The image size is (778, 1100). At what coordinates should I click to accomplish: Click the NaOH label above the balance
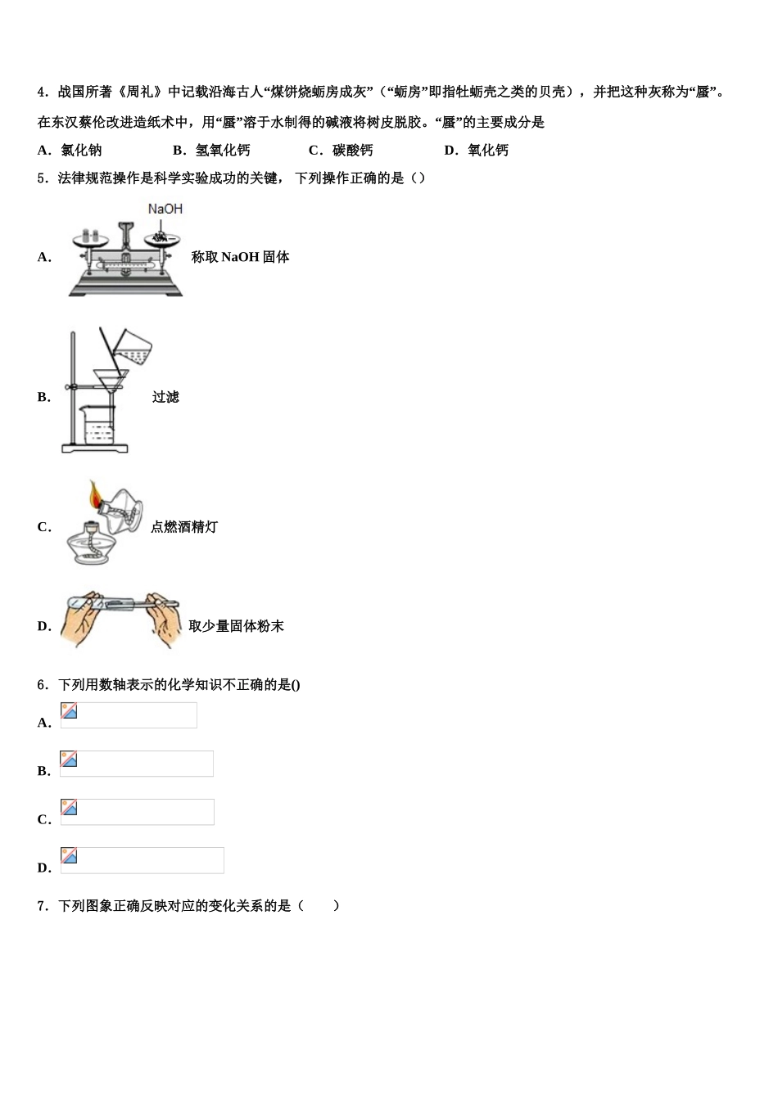click(x=165, y=210)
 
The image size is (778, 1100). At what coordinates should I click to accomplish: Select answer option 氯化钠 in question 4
click(x=81, y=150)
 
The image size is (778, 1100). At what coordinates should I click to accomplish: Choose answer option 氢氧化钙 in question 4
click(x=223, y=150)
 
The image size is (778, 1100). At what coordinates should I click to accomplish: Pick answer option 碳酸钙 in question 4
click(x=352, y=150)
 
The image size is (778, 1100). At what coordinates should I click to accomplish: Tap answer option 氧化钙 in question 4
click(x=487, y=150)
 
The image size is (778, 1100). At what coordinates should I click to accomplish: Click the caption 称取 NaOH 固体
click(x=240, y=257)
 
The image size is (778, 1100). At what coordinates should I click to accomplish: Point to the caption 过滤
click(x=165, y=397)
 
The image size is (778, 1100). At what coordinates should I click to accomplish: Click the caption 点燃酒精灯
click(x=184, y=527)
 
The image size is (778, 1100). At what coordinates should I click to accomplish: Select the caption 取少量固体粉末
click(x=236, y=626)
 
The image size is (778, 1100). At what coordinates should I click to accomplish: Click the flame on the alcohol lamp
click(x=96, y=494)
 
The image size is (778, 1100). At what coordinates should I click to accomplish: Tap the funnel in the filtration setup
click(x=111, y=380)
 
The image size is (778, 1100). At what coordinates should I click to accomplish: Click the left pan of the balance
click(x=90, y=239)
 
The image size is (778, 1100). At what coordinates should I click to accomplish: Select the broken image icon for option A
click(x=70, y=711)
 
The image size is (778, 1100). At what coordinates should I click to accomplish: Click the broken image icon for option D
click(x=70, y=856)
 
